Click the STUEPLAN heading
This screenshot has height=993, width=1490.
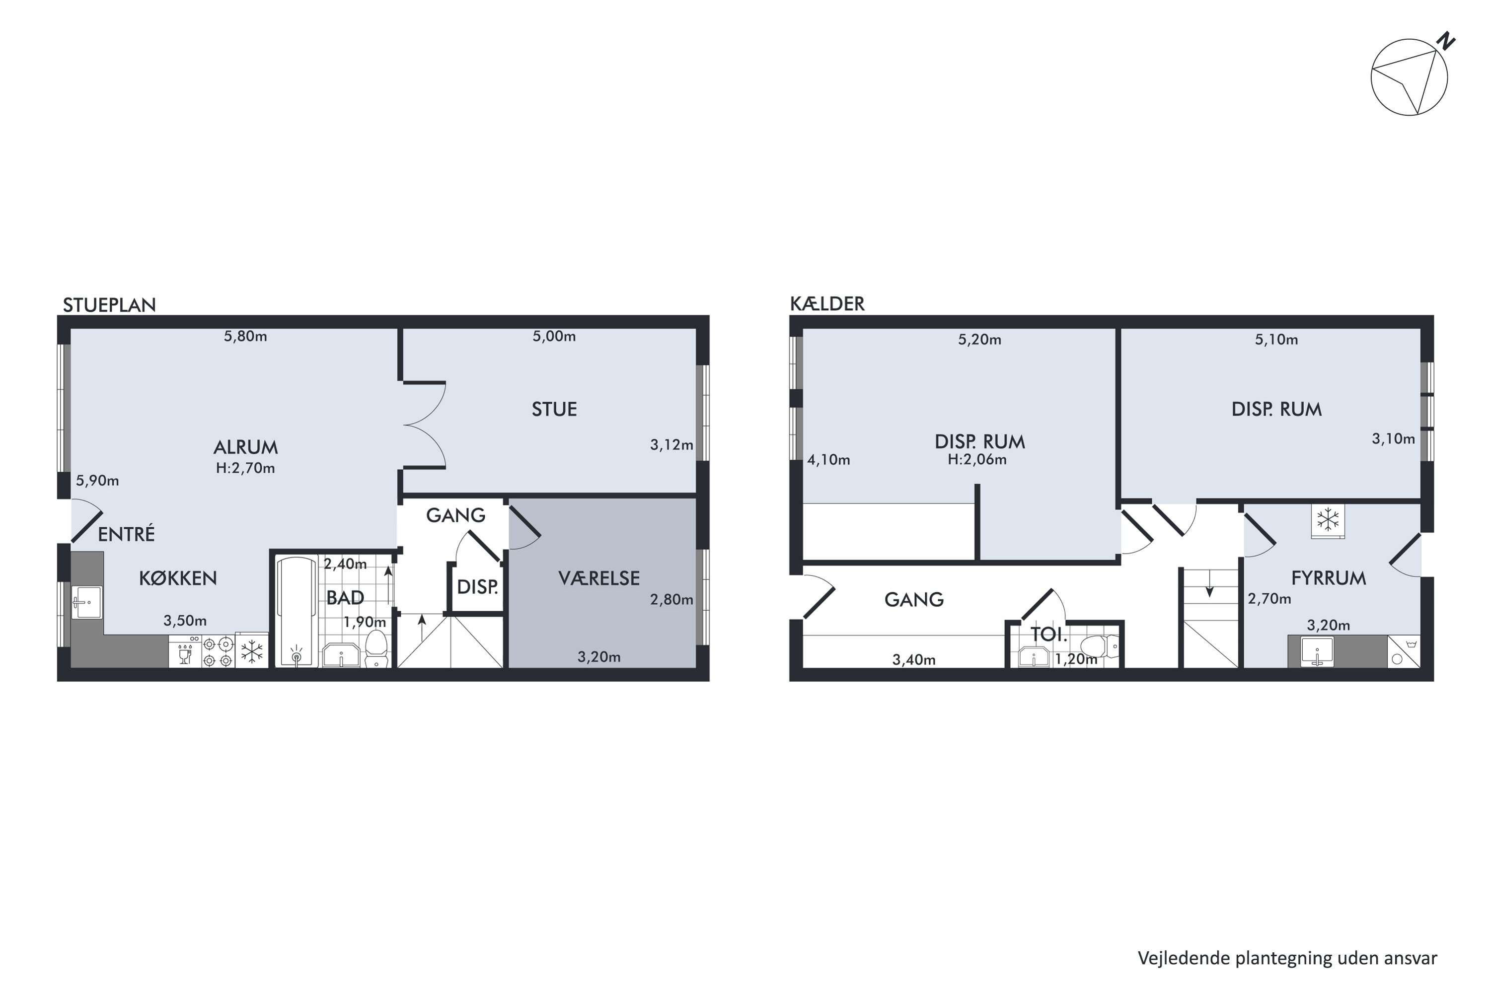pyautogui.click(x=109, y=305)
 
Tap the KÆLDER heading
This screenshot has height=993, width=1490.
pyautogui.click(x=827, y=304)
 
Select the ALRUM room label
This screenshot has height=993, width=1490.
pyautogui.click(x=245, y=448)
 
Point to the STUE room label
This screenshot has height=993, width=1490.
pyautogui.click(x=554, y=410)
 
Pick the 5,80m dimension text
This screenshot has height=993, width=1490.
pyautogui.click(x=245, y=336)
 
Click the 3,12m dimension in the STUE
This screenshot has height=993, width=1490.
pyautogui.click(x=671, y=445)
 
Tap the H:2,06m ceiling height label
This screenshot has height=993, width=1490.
pyautogui.click(x=977, y=460)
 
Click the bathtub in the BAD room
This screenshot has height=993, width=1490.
pyautogui.click(x=297, y=611)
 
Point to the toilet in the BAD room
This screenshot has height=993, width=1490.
pyautogui.click(x=376, y=648)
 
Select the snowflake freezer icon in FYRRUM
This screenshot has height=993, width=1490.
pyautogui.click(x=1328, y=520)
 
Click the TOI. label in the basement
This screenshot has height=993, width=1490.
pyautogui.click(x=1049, y=634)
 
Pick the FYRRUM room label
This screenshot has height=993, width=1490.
pyautogui.click(x=1329, y=578)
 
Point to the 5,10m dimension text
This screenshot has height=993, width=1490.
pyautogui.click(x=1276, y=340)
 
